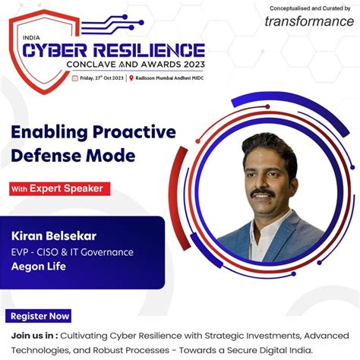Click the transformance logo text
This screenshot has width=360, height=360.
coord(309,21)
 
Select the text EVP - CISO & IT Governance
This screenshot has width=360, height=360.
coord(72,251)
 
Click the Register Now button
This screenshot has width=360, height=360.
coord(39,316)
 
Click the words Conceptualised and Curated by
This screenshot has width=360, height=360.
coord(311,6)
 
